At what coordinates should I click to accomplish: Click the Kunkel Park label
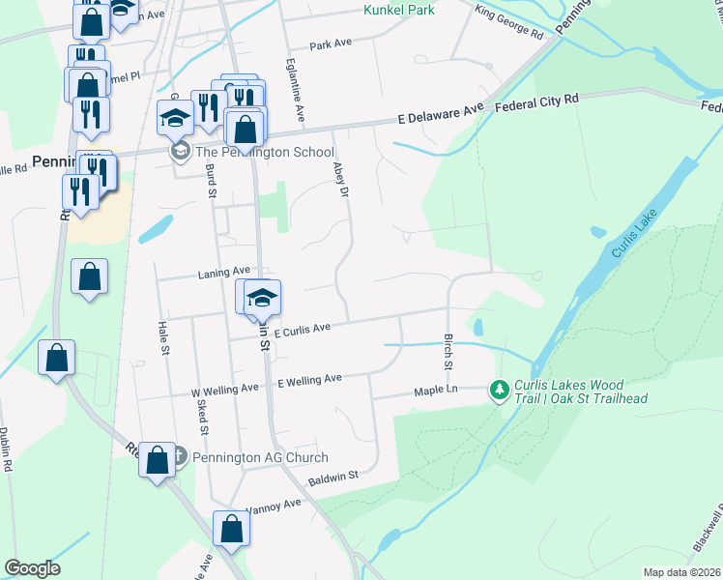coord(399,10)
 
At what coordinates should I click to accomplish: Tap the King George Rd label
coord(510,24)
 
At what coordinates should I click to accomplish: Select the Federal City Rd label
coord(536,100)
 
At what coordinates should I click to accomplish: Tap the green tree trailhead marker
coord(499,390)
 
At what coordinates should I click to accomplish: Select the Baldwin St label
coord(333,476)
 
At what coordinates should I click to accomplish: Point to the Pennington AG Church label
coord(261,457)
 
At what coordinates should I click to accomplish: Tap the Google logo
coord(32,567)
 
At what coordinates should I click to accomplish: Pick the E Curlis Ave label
coord(302,329)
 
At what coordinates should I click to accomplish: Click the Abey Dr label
coord(339,178)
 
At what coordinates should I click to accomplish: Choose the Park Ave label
coord(330,44)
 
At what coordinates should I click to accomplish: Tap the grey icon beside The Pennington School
coord(180,152)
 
